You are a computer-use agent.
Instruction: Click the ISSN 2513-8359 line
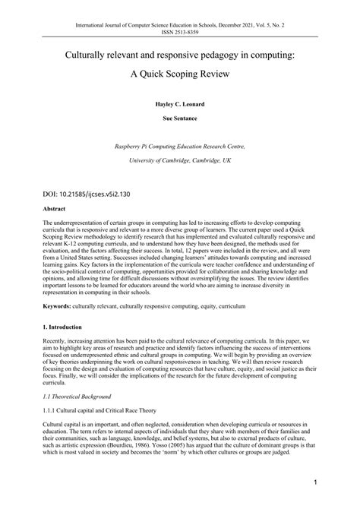tap(179, 14)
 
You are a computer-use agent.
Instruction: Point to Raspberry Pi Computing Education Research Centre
tap(179, 146)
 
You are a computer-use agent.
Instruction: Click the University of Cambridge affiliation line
tap(179, 160)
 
